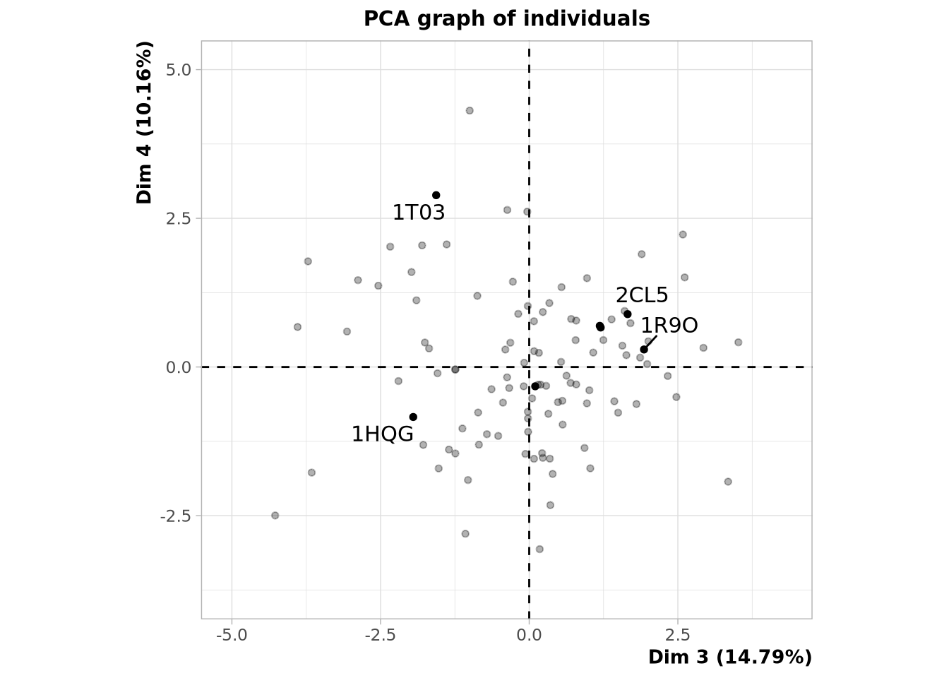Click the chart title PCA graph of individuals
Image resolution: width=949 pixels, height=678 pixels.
click(x=506, y=19)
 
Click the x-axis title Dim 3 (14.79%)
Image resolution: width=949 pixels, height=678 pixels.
click(x=729, y=658)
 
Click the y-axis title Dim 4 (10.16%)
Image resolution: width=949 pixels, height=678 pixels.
click(x=145, y=123)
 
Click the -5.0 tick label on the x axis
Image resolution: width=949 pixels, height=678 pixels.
click(x=232, y=635)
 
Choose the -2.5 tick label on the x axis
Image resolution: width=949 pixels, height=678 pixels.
click(x=380, y=635)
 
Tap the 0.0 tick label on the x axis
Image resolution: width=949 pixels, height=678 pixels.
click(x=529, y=635)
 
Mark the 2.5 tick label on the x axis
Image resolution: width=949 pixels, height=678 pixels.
click(x=678, y=635)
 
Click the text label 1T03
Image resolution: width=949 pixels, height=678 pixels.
click(x=419, y=213)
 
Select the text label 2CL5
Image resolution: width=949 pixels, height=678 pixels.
click(x=641, y=295)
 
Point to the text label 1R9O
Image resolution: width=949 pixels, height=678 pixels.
click(x=669, y=326)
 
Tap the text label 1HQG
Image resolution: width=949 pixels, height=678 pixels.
click(x=382, y=434)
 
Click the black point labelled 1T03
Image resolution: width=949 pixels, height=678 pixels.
click(x=436, y=196)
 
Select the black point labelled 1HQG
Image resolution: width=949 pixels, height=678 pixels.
click(x=413, y=417)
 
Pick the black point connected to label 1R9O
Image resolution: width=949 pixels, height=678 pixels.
click(x=644, y=350)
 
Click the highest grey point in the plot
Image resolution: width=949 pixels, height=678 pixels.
click(x=470, y=111)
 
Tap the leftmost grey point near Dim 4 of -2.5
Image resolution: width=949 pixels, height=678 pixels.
click(x=275, y=516)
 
